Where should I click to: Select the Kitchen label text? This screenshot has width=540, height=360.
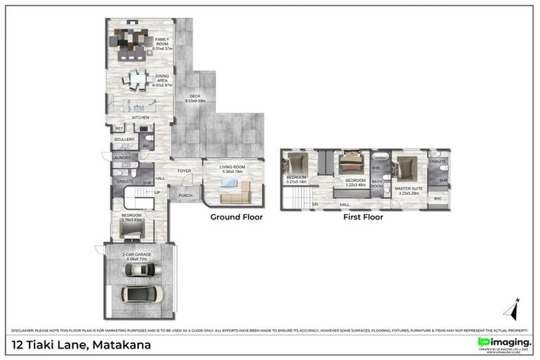[140, 117]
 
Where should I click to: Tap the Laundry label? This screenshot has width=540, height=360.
[121, 158]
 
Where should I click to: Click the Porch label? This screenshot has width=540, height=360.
[186, 195]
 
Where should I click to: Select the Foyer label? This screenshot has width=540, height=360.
[184, 171]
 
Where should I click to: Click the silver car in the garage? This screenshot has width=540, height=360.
[142, 269]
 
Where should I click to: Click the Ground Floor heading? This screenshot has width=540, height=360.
[236, 217]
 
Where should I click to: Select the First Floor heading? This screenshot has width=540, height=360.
[363, 217]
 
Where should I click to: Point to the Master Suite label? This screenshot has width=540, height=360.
[408, 188]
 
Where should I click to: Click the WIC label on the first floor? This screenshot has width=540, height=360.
[438, 199]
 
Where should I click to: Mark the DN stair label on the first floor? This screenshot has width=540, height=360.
[316, 204]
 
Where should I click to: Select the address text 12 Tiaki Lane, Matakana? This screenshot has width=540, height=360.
[82, 345]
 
